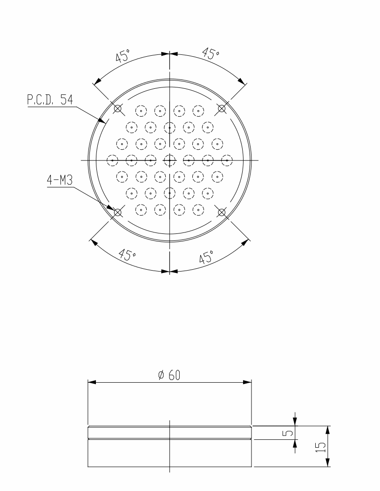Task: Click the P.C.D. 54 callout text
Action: click(x=50, y=100)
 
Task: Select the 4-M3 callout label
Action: click(x=60, y=180)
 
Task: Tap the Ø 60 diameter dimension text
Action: click(x=170, y=375)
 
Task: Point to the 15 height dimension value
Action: click(x=321, y=446)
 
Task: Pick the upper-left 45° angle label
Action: click(x=122, y=56)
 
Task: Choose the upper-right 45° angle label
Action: click(x=210, y=53)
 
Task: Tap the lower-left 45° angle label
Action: click(x=127, y=255)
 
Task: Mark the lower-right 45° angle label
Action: click(x=207, y=257)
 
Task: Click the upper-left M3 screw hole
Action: click(x=117, y=108)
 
